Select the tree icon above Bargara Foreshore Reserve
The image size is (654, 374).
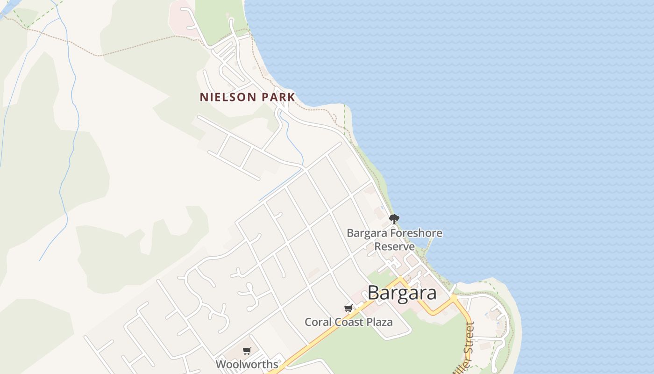pos(394,219)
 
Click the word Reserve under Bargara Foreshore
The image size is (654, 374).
pos(395,246)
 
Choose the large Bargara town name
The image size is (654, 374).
pos(402,293)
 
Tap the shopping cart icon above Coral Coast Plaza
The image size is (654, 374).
pos(348,308)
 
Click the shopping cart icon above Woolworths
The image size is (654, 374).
pos(247,351)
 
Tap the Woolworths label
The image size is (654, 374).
pos(247,364)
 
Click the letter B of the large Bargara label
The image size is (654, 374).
pos(374,293)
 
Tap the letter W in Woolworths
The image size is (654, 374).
pos(220,364)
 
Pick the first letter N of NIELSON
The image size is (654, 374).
pos(203,97)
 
